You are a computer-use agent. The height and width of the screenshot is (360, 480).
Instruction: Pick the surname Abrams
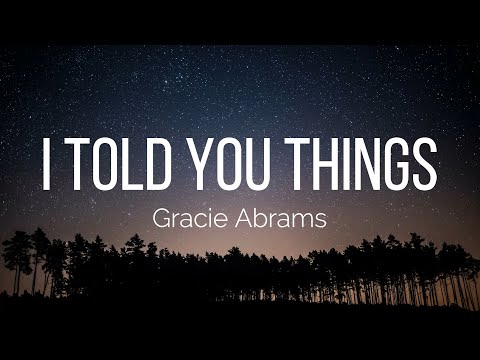point(282,219)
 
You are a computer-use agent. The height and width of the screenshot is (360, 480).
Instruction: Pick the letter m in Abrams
point(305,221)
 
